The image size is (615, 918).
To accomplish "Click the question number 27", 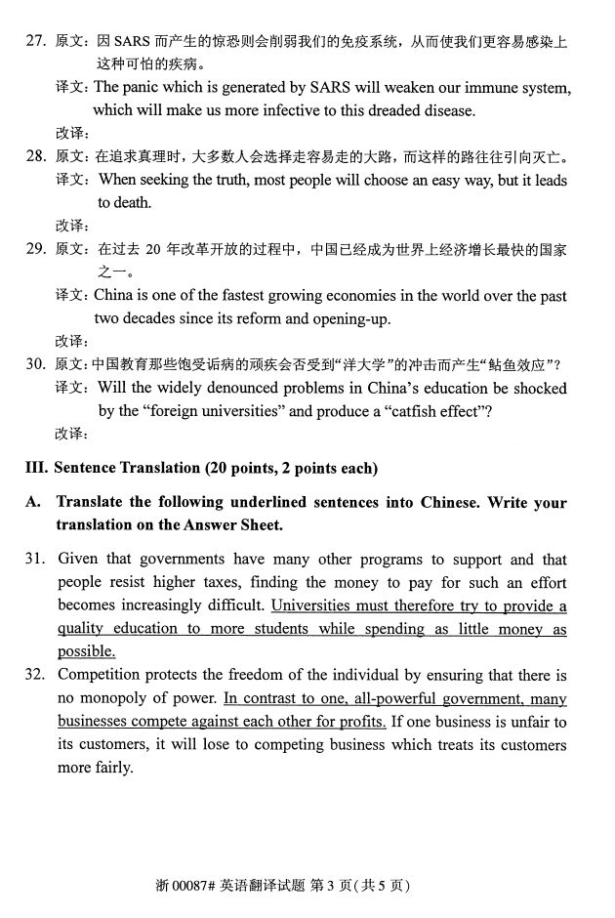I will tap(35, 43).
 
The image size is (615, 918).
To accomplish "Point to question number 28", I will tap(35, 157).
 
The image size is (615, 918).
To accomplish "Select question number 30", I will tap(35, 365).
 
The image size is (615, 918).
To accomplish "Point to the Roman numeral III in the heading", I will tap(35, 469).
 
